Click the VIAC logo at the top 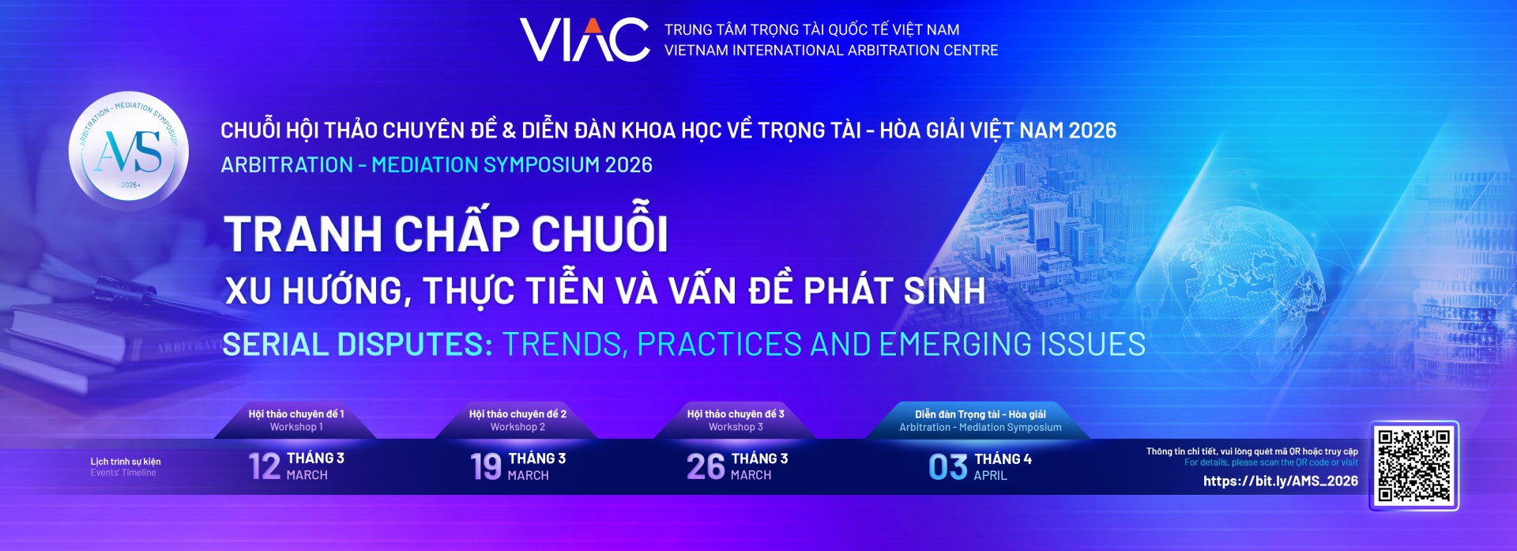tap(585, 40)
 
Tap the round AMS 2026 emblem tap(129, 150)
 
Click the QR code tap(1413, 466)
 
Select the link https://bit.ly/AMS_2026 tap(1280, 481)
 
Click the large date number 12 tap(265, 466)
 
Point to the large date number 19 tap(486, 466)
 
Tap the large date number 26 tap(706, 466)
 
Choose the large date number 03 tap(947, 467)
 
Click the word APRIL tap(990, 475)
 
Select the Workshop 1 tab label tap(296, 427)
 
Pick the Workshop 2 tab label tap(518, 427)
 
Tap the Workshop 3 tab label tap(736, 427)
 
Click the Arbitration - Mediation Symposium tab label tap(980, 427)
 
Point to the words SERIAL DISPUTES tap(357, 345)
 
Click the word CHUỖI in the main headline tap(600, 234)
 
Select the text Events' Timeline tap(123, 473)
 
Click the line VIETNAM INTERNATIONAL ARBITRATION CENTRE tap(830, 51)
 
